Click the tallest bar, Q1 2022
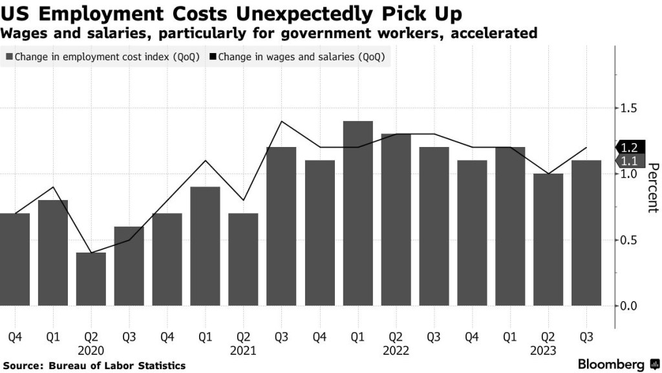(358, 213)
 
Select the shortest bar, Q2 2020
(91, 279)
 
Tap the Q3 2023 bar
(586, 233)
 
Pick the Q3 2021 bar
(281, 227)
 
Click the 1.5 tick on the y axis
(629, 107)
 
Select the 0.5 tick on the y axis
(629, 240)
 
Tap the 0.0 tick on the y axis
(629, 306)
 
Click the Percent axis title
(652, 187)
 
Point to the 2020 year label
(91, 350)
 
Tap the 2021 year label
(243, 350)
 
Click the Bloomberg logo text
(611, 364)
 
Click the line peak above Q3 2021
(281, 121)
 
